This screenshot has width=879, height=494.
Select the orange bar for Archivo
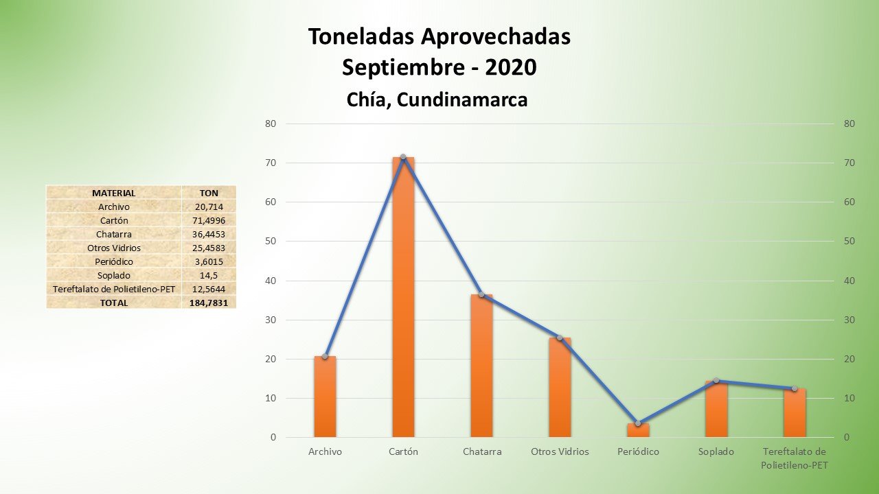coord(325,398)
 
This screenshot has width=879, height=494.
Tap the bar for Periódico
coord(638,430)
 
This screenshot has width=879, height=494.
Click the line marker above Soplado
coord(716,381)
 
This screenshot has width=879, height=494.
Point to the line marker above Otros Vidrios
coord(560,338)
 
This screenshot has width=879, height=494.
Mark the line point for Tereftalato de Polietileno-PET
coord(795,388)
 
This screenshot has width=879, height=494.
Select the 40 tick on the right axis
coord(849,281)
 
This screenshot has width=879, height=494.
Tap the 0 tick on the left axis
coord(273,438)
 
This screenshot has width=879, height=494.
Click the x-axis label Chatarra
coord(482,452)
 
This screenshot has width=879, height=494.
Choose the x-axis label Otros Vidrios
coord(560,452)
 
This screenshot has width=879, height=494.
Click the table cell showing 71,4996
coord(209,220)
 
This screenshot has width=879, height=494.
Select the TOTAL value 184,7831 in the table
coord(209,303)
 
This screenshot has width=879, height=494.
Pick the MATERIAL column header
coord(114,193)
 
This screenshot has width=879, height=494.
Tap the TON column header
coord(209,193)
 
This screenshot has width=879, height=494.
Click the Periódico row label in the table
coord(114,261)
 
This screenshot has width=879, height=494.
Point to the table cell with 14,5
coord(209,275)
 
